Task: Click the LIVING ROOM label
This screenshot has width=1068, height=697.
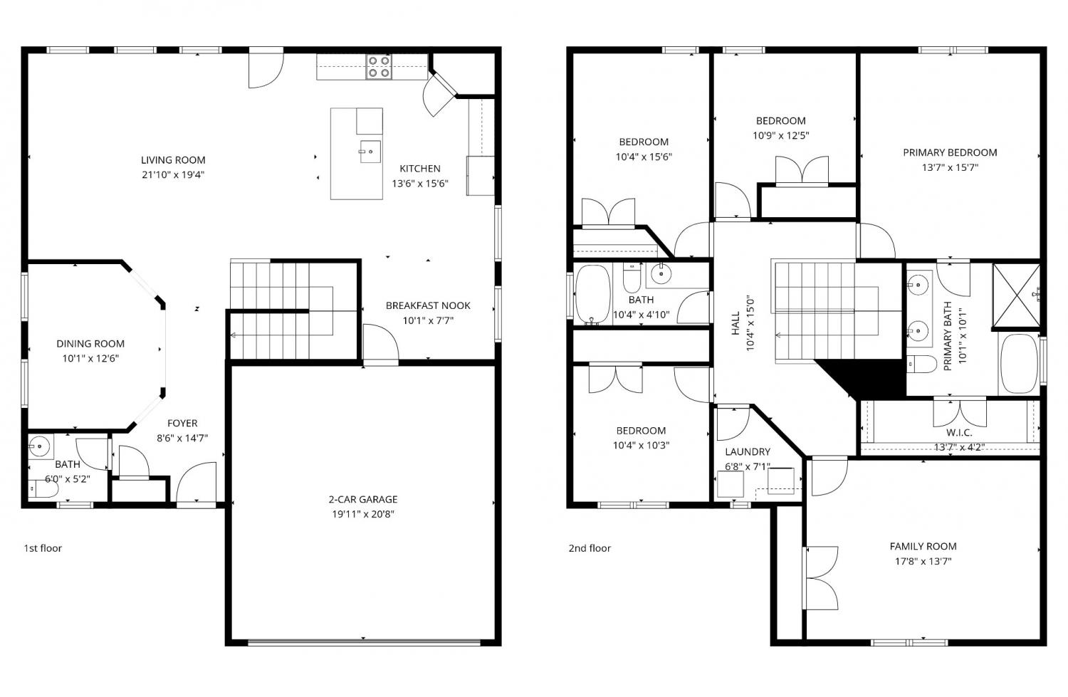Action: pyautogui.click(x=173, y=160)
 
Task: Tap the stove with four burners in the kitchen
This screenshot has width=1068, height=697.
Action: pyautogui.click(x=379, y=67)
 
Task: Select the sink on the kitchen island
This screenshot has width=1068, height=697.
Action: pyautogui.click(x=370, y=152)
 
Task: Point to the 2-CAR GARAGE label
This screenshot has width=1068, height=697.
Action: pyautogui.click(x=363, y=499)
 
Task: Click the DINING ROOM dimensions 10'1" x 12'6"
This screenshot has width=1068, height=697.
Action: pyautogui.click(x=90, y=359)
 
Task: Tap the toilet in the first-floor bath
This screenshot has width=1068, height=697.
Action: pyautogui.click(x=43, y=488)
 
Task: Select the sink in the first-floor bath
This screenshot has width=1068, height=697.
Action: pyautogui.click(x=40, y=446)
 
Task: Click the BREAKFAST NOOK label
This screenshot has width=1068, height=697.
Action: pyautogui.click(x=428, y=305)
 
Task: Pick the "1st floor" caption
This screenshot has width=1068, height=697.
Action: pyautogui.click(x=43, y=548)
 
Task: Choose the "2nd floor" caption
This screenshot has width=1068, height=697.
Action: pyautogui.click(x=590, y=548)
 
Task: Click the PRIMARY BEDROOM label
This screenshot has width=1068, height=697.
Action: pyautogui.click(x=951, y=152)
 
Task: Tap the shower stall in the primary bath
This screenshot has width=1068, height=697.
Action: pyautogui.click(x=1016, y=295)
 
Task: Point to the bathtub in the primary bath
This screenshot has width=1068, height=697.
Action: pyautogui.click(x=1019, y=364)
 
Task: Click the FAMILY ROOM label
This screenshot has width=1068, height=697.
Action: pyautogui.click(x=923, y=546)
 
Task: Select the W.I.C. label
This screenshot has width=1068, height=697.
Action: pyautogui.click(x=959, y=433)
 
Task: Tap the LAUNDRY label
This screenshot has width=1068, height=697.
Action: pyautogui.click(x=748, y=452)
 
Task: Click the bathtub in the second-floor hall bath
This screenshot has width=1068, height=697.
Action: pyautogui.click(x=592, y=295)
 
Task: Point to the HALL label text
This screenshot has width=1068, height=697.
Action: pyautogui.click(x=735, y=323)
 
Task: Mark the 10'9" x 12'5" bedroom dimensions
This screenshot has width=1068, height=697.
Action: pyautogui.click(x=781, y=136)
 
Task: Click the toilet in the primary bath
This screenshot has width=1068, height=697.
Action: pyautogui.click(x=922, y=365)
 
